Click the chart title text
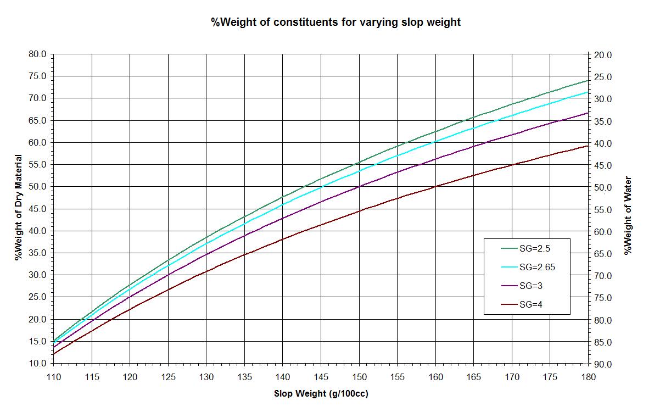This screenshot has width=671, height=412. [x=335, y=23]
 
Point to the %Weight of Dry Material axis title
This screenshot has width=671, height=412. [x=19, y=208]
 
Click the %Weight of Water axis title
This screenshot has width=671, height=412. [x=628, y=215]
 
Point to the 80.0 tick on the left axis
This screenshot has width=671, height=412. [x=38, y=54]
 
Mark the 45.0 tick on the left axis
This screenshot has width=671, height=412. [x=38, y=209]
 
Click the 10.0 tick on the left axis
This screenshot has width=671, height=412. [x=38, y=363]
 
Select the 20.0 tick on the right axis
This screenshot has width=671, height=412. [x=603, y=55]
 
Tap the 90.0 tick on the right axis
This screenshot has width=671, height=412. [x=603, y=364]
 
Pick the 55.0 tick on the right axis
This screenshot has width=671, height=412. [x=603, y=210]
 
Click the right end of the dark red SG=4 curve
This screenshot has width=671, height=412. [x=588, y=146]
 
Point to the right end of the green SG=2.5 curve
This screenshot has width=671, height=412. [x=588, y=81]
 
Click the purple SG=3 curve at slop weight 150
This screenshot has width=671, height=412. [x=359, y=186]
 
